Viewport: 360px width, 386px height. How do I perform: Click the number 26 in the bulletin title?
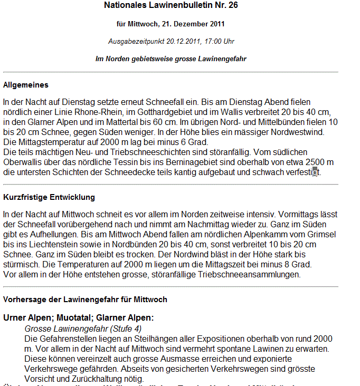coord(232,6)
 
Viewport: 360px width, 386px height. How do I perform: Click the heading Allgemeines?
coord(26,84)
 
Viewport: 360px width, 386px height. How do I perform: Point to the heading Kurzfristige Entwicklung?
coord(49,198)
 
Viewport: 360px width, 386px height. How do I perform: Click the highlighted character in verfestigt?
coord(315,172)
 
